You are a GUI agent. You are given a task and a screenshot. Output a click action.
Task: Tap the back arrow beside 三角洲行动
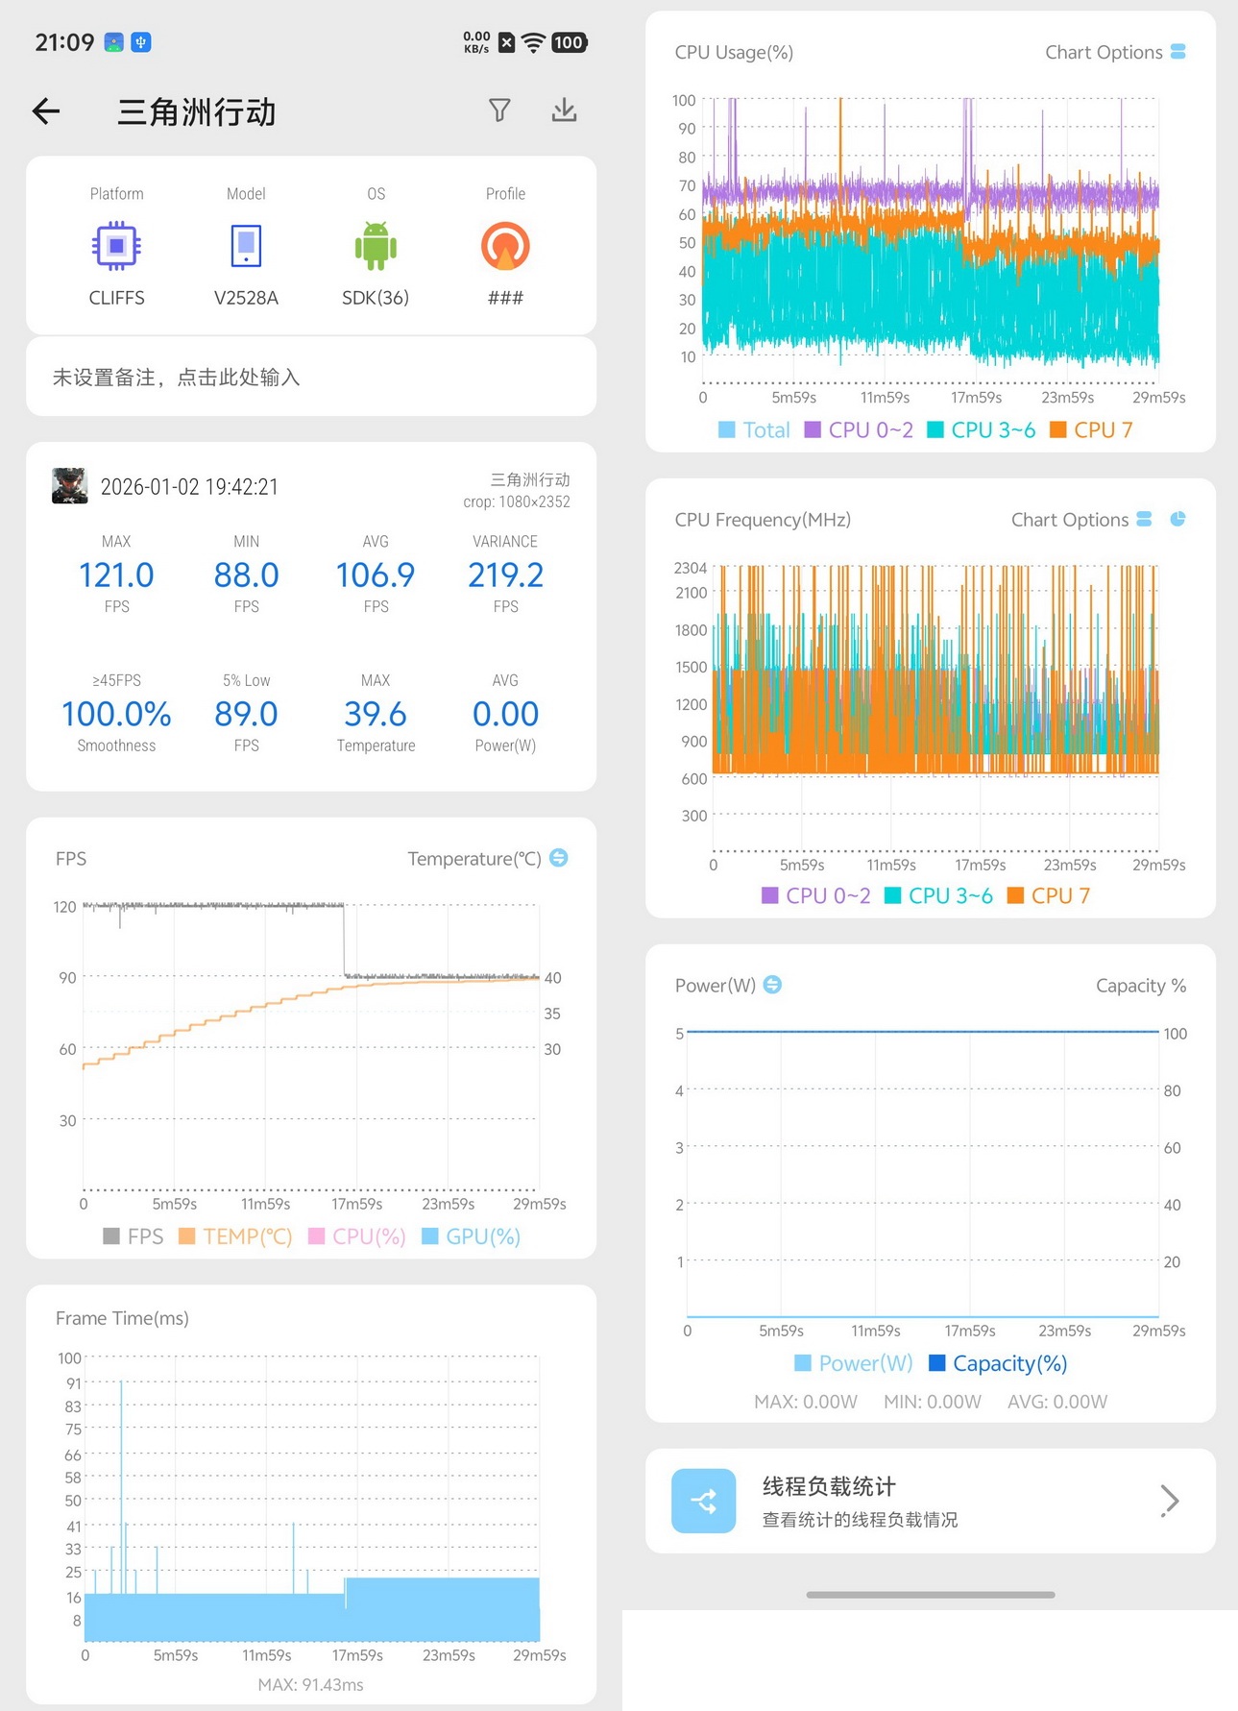pyautogui.click(x=46, y=111)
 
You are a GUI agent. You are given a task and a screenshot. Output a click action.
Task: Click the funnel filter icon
pyautogui.click(x=499, y=110)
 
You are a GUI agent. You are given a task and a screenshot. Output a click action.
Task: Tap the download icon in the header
pyautogui.click(x=565, y=110)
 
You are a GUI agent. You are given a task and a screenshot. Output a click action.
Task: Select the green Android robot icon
pyautogui.click(x=376, y=246)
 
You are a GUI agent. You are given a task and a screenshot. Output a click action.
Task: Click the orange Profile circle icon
pyautogui.click(x=505, y=246)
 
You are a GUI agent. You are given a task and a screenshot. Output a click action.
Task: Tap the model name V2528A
pyautogui.click(x=246, y=298)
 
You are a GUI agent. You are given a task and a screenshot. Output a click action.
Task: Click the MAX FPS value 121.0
pyautogui.click(x=116, y=574)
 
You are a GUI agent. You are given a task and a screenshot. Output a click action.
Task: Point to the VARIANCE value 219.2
pyautogui.click(x=505, y=574)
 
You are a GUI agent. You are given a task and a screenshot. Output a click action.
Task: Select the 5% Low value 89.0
pyautogui.click(x=246, y=714)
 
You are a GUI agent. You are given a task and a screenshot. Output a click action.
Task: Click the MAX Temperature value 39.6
pyautogui.click(x=376, y=714)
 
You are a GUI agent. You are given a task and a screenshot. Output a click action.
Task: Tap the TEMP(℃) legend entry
pyautogui.click(x=235, y=1236)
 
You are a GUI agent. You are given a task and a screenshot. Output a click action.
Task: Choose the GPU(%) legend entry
pyautogui.click(x=471, y=1236)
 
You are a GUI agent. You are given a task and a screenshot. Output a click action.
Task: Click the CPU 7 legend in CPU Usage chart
pyautogui.click(x=1092, y=430)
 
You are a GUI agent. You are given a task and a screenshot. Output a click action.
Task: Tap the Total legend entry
pyautogui.click(x=754, y=430)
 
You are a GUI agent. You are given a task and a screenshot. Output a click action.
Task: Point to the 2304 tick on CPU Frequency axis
pyautogui.click(x=691, y=568)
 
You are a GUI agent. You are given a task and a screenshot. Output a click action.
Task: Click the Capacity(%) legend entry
pyautogui.click(x=998, y=1363)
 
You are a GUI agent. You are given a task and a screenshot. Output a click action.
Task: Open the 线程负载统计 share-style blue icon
pyautogui.click(x=704, y=1501)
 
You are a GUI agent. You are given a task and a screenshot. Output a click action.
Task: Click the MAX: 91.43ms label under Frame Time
pyautogui.click(x=311, y=1685)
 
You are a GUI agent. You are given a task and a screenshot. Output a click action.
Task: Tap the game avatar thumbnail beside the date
pyautogui.click(x=70, y=486)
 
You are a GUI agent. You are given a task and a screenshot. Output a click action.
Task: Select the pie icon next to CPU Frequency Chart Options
pyautogui.click(x=1177, y=519)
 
